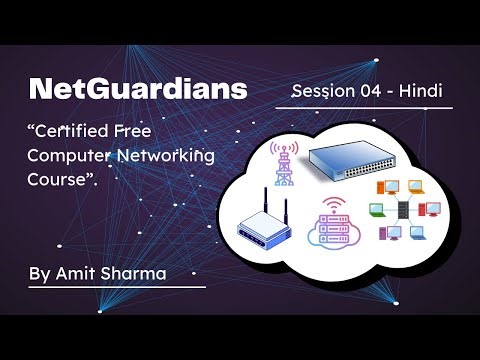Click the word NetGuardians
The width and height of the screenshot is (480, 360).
138,89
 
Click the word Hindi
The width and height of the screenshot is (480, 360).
421,91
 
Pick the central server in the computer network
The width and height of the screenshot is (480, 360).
399,210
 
